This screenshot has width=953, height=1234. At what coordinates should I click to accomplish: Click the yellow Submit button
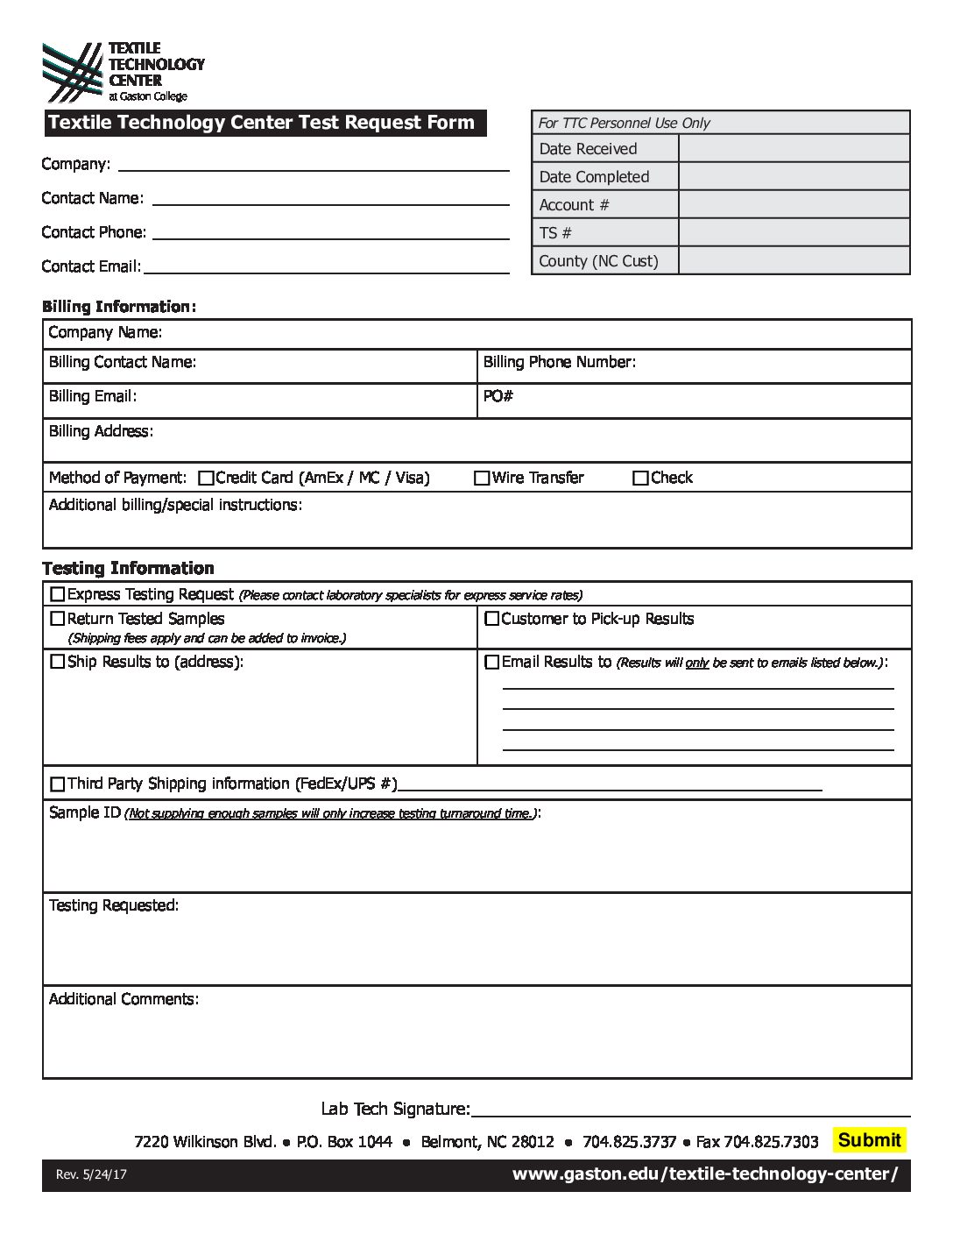click(869, 1139)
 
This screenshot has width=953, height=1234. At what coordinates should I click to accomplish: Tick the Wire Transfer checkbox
click(482, 479)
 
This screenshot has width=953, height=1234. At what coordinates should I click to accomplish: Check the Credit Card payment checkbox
click(206, 479)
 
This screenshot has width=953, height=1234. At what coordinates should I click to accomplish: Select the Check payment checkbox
click(640, 479)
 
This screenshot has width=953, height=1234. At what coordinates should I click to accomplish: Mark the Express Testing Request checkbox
click(58, 594)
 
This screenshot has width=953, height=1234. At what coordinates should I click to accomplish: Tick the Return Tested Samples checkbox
click(58, 619)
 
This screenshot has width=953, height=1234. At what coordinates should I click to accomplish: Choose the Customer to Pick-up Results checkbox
click(492, 619)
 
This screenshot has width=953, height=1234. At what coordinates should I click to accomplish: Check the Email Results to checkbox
click(492, 663)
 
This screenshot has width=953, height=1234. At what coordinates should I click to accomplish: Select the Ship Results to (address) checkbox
click(58, 663)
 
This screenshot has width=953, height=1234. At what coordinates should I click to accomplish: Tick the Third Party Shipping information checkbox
click(58, 784)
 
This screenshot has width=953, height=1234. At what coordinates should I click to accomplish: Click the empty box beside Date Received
click(794, 149)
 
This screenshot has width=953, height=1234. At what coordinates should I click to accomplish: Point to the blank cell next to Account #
click(794, 205)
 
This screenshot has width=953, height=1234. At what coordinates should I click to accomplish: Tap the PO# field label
click(498, 397)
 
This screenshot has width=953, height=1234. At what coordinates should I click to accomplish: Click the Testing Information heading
click(128, 568)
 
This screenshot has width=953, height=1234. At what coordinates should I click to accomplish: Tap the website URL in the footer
click(704, 1174)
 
